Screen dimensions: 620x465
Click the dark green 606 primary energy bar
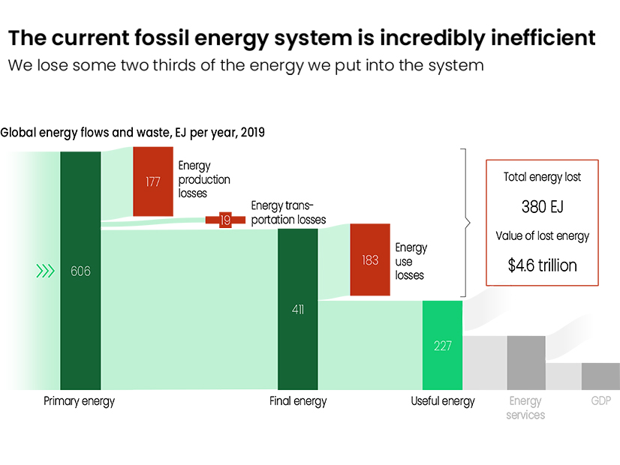[x=80, y=271]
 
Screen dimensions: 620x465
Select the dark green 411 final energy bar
[x=298, y=309]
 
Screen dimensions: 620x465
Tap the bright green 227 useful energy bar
[x=442, y=345]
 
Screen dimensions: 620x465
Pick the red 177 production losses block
[x=153, y=181]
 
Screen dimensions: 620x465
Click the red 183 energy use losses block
[x=370, y=259]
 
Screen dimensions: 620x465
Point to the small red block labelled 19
[x=225, y=220]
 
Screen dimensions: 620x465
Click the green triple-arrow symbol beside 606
[x=45, y=271]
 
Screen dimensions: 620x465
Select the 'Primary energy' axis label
[x=79, y=401]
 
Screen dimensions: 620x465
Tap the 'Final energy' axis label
[x=298, y=401]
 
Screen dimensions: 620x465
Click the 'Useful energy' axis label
[x=443, y=401]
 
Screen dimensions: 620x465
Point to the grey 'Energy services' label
[x=525, y=408]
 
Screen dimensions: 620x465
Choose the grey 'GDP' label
[x=601, y=401]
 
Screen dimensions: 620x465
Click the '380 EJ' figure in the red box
[x=543, y=206]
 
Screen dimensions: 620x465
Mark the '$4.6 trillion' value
[x=543, y=265]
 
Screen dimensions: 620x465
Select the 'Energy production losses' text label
[x=204, y=179]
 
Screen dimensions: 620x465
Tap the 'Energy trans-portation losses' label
[x=289, y=212]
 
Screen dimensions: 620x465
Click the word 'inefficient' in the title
[x=543, y=38]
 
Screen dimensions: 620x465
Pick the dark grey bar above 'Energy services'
[x=526, y=363]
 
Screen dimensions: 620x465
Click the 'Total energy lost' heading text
[x=542, y=177]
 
